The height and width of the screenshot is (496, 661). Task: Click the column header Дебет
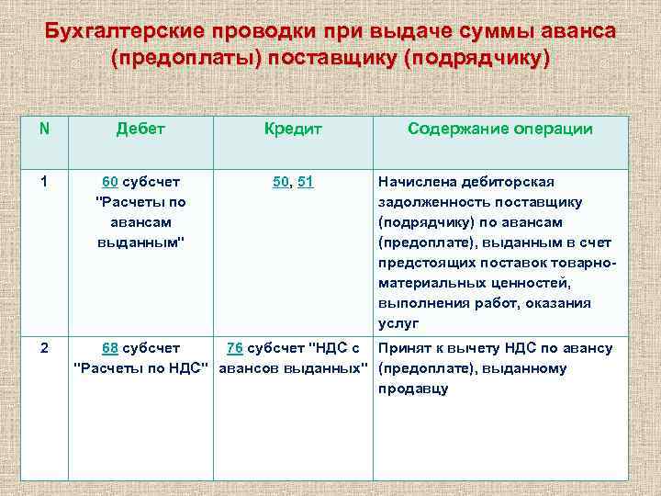pyautogui.click(x=140, y=129)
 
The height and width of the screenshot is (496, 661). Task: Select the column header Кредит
pyautogui.click(x=293, y=129)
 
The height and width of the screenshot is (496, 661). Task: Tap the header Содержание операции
pyautogui.click(x=499, y=129)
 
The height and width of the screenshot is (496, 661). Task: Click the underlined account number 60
pyautogui.click(x=109, y=182)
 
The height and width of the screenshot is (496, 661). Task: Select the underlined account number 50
pyautogui.click(x=281, y=182)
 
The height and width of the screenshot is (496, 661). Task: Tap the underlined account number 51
pyautogui.click(x=305, y=182)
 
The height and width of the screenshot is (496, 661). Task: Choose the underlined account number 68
pyautogui.click(x=109, y=348)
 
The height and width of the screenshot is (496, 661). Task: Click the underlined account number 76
pyautogui.click(x=234, y=348)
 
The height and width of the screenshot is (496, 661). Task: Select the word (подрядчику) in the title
pyautogui.click(x=478, y=59)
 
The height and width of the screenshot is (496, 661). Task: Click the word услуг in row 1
pyautogui.click(x=398, y=323)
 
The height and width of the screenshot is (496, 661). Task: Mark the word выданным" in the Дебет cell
pyautogui.click(x=140, y=242)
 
